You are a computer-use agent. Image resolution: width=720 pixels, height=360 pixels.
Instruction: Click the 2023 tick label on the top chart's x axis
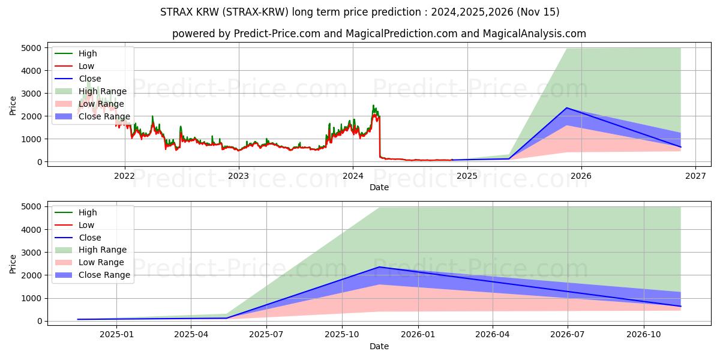238,176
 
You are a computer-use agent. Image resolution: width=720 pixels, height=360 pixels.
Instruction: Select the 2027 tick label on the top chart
695,176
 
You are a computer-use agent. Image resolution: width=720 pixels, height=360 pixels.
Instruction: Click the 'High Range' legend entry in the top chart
103,91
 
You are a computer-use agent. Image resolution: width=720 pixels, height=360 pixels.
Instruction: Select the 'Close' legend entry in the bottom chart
90,238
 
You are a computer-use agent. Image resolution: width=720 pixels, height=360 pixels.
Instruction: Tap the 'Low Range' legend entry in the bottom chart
101,263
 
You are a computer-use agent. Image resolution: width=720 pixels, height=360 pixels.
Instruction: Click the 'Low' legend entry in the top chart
86,66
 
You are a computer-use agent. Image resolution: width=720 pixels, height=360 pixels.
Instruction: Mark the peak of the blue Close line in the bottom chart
379,267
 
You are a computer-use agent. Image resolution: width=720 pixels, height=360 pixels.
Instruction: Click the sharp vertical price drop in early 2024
379,138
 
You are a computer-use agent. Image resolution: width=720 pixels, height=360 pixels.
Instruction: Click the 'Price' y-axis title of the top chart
13,104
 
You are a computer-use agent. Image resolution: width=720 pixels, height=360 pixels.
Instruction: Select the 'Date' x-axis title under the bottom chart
379,346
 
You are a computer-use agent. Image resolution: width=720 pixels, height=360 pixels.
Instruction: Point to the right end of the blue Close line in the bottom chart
680,306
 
